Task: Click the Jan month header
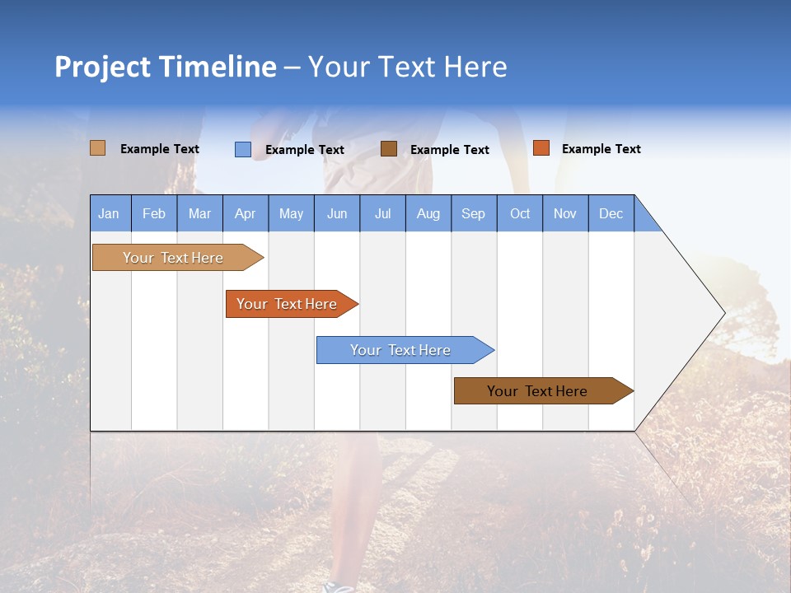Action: pos(109,213)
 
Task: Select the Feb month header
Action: pos(154,213)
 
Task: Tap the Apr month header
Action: pos(245,213)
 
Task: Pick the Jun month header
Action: pos(337,213)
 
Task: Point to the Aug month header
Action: pos(428,213)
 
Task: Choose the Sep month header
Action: pos(473,213)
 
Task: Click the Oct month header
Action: pos(520,213)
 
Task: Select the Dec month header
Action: pos(611,213)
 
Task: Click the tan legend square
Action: pos(98,148)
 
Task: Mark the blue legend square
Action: pos(243,149)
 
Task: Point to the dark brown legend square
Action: pos(389,148)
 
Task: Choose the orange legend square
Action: pos(541,148)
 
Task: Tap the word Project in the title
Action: pos(102,67)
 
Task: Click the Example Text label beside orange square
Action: pos(601,149)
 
